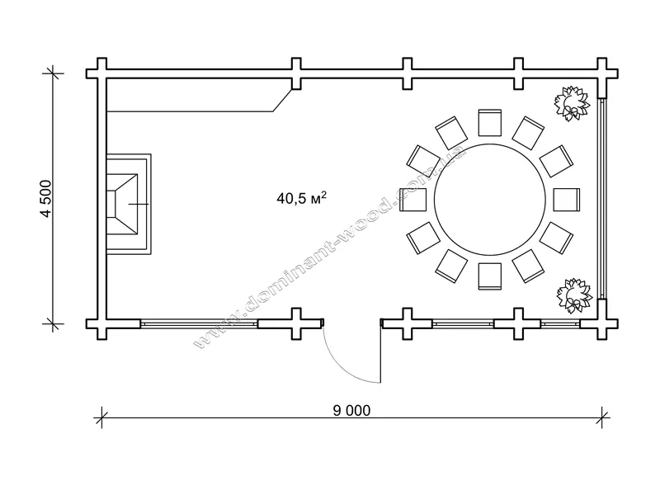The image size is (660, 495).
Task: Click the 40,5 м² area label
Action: click(301, 197)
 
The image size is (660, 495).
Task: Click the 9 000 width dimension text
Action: click(352, 410)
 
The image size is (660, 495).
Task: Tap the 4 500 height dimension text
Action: click(46, 199)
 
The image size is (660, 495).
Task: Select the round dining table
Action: click(490, 200)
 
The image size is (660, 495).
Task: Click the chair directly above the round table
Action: click(490, 122)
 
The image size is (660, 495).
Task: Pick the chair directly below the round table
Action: click(490, 276)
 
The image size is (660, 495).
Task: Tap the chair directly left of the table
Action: click(413, 200)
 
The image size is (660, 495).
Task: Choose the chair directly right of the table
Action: click(567, 200)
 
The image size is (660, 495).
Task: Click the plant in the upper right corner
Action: click(572, 104)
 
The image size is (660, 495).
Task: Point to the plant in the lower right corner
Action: click(573, 295)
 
